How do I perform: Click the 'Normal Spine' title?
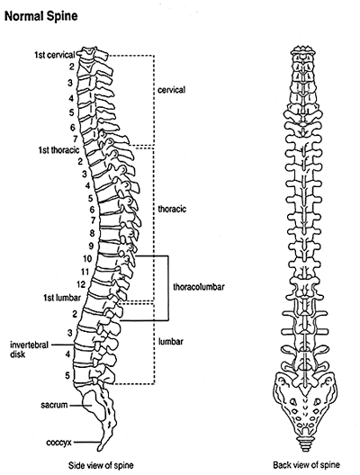click(40, 16)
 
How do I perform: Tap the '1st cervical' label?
click(55, 55)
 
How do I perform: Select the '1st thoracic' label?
click(58, 150)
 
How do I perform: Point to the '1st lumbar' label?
click(62, 298)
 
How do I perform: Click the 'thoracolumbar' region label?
click(199, 287)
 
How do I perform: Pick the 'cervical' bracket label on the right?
click(171, 90)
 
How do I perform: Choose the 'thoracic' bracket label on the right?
click(172, 209)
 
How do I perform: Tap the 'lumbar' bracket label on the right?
click(171, 342)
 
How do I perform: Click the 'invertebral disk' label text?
click(29, 349)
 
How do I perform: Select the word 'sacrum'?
click(54, 405)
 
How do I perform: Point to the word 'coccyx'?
click(58, 443)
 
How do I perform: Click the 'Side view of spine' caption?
click(101, 465)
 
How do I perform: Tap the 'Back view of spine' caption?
click(306, 465)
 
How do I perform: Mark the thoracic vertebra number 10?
click(87, 259)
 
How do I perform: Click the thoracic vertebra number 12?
click(81, 284)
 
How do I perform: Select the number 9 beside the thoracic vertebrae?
click(91, 246)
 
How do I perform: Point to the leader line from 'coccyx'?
click(86, 443)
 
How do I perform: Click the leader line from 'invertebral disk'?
click(62, 345)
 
